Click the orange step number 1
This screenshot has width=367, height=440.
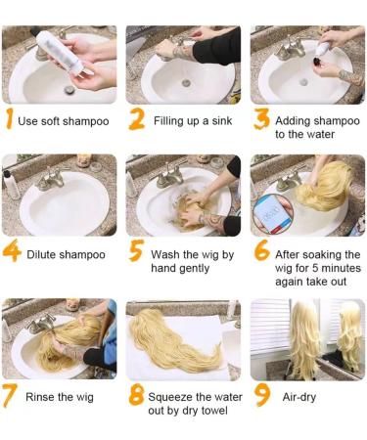tap(10, 118)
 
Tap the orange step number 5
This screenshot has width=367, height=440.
tap(136, 250)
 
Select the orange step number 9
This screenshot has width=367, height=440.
tap(261, 395)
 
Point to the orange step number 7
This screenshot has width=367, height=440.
tap(10, 395)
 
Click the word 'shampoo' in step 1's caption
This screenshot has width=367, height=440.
tap(86, 121)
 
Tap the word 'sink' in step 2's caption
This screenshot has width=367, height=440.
tap(222, 121)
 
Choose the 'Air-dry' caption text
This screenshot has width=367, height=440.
tap(299, 397)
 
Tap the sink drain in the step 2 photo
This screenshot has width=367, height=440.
tap(186, 83)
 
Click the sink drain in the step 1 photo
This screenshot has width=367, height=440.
tap(69, 89)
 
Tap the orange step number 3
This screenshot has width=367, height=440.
tap(261, 118)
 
